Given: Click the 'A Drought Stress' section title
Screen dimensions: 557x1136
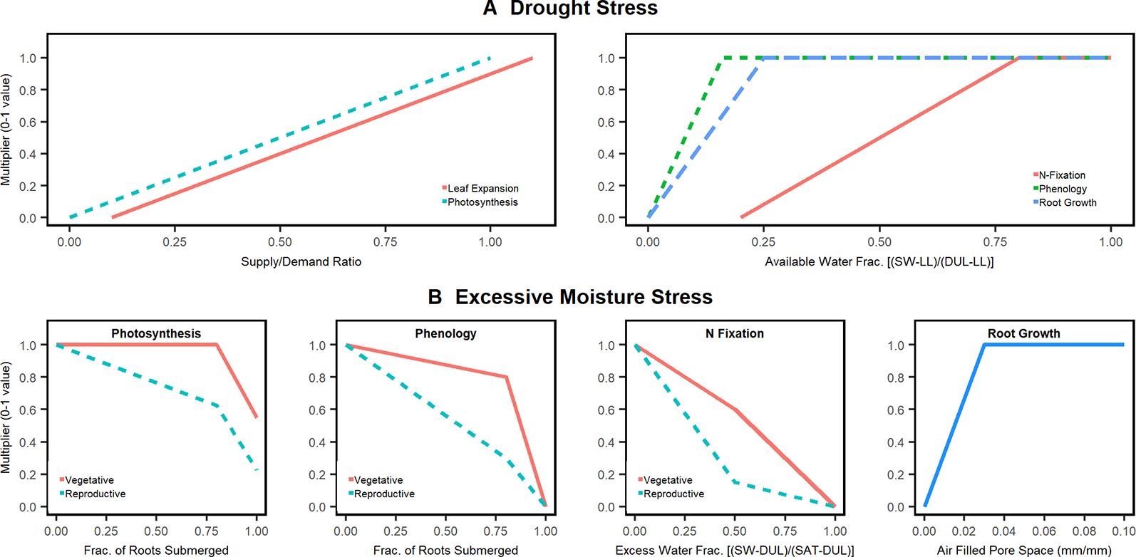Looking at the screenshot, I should tap(570, 9).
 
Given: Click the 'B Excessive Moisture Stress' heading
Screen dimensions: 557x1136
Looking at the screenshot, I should tap(570, 296).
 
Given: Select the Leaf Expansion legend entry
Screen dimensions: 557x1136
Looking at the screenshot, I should tap(482, 188).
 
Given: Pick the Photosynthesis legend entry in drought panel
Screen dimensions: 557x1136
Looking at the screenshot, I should tap(482, 202).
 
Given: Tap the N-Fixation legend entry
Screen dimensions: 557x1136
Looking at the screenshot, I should tap(1061, 175).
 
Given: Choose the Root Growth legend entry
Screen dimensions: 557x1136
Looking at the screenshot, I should tap(1067, 203).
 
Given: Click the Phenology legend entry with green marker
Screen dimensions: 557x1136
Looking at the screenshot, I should tap(1062, 189).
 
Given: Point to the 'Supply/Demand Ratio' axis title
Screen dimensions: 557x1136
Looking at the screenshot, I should tap(301, 261).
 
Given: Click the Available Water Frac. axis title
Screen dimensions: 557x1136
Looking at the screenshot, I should tap(879, 261).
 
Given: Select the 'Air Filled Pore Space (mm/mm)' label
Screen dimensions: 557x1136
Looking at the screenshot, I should tap(1024, 550).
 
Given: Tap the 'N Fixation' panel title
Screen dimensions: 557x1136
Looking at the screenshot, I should tap(735, 333).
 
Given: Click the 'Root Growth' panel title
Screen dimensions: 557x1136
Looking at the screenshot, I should tap(1024, 333).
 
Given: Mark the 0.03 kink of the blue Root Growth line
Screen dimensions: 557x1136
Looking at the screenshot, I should tap(984, 345).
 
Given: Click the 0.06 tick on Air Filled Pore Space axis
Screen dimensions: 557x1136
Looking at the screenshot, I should tap(1044, 531).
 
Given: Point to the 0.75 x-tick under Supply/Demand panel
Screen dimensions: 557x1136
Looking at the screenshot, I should tap(386, 242).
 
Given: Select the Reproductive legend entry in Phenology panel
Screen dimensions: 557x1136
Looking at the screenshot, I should tap(383, 494).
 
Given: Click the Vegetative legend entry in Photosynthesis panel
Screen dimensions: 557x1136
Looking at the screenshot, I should tap(89, 480).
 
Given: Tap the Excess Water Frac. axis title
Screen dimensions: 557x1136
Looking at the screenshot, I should tap(735, 550).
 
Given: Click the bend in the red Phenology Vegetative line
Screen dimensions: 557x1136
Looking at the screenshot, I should tap(506, 378).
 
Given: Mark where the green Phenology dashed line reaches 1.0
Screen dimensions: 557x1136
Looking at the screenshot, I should tap(723, 58).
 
